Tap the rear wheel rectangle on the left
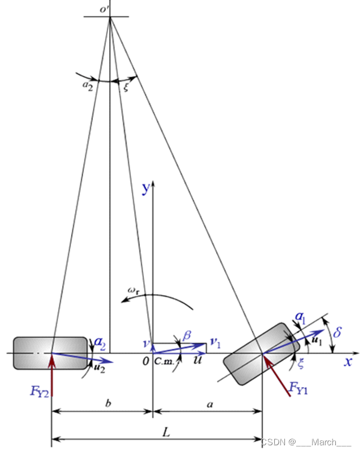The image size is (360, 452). point(34,352)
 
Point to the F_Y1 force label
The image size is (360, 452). point(300,387)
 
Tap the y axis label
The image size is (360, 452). point(146,189)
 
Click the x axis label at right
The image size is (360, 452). point(348,361)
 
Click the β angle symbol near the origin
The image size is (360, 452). point(188,335)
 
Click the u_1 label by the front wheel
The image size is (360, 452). point(317,338)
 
